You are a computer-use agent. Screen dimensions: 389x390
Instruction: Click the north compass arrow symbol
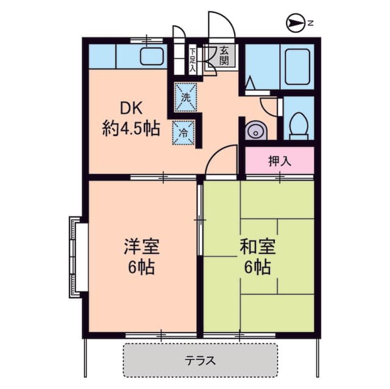295,24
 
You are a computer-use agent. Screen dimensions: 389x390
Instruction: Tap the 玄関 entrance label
224,55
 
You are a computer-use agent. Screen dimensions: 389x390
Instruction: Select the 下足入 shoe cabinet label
192,60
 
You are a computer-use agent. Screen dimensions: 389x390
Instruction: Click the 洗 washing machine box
186,96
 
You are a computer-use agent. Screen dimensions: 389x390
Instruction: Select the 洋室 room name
141,247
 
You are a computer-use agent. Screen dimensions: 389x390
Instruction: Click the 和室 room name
257,247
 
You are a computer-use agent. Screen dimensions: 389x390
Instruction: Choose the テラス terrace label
200,360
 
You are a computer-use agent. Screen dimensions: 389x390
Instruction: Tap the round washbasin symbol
255,130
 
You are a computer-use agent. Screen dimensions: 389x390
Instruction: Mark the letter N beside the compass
310,24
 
